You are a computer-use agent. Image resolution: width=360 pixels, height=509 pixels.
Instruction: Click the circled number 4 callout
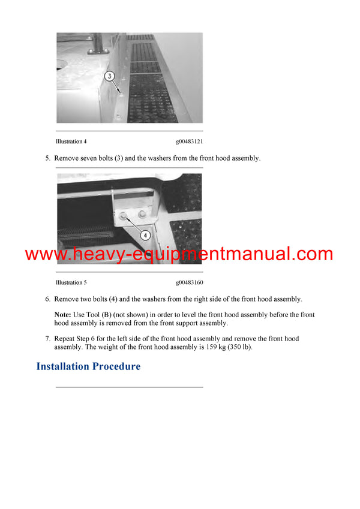point(145,236)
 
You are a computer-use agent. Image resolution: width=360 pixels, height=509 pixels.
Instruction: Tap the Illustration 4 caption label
point(71,142)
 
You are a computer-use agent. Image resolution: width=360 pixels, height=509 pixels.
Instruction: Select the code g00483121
point(189,142)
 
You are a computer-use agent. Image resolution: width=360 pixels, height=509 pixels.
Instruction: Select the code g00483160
point(189,282)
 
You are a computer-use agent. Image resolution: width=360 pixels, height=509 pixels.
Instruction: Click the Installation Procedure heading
point(88,366)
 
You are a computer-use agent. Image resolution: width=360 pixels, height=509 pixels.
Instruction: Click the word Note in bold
point(62,315)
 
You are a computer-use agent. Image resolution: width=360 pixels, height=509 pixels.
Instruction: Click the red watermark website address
point(179,254)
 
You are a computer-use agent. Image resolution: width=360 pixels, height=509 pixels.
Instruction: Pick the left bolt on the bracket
point(124,215)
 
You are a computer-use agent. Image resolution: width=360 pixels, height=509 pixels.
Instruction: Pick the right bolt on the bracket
point(142,214)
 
